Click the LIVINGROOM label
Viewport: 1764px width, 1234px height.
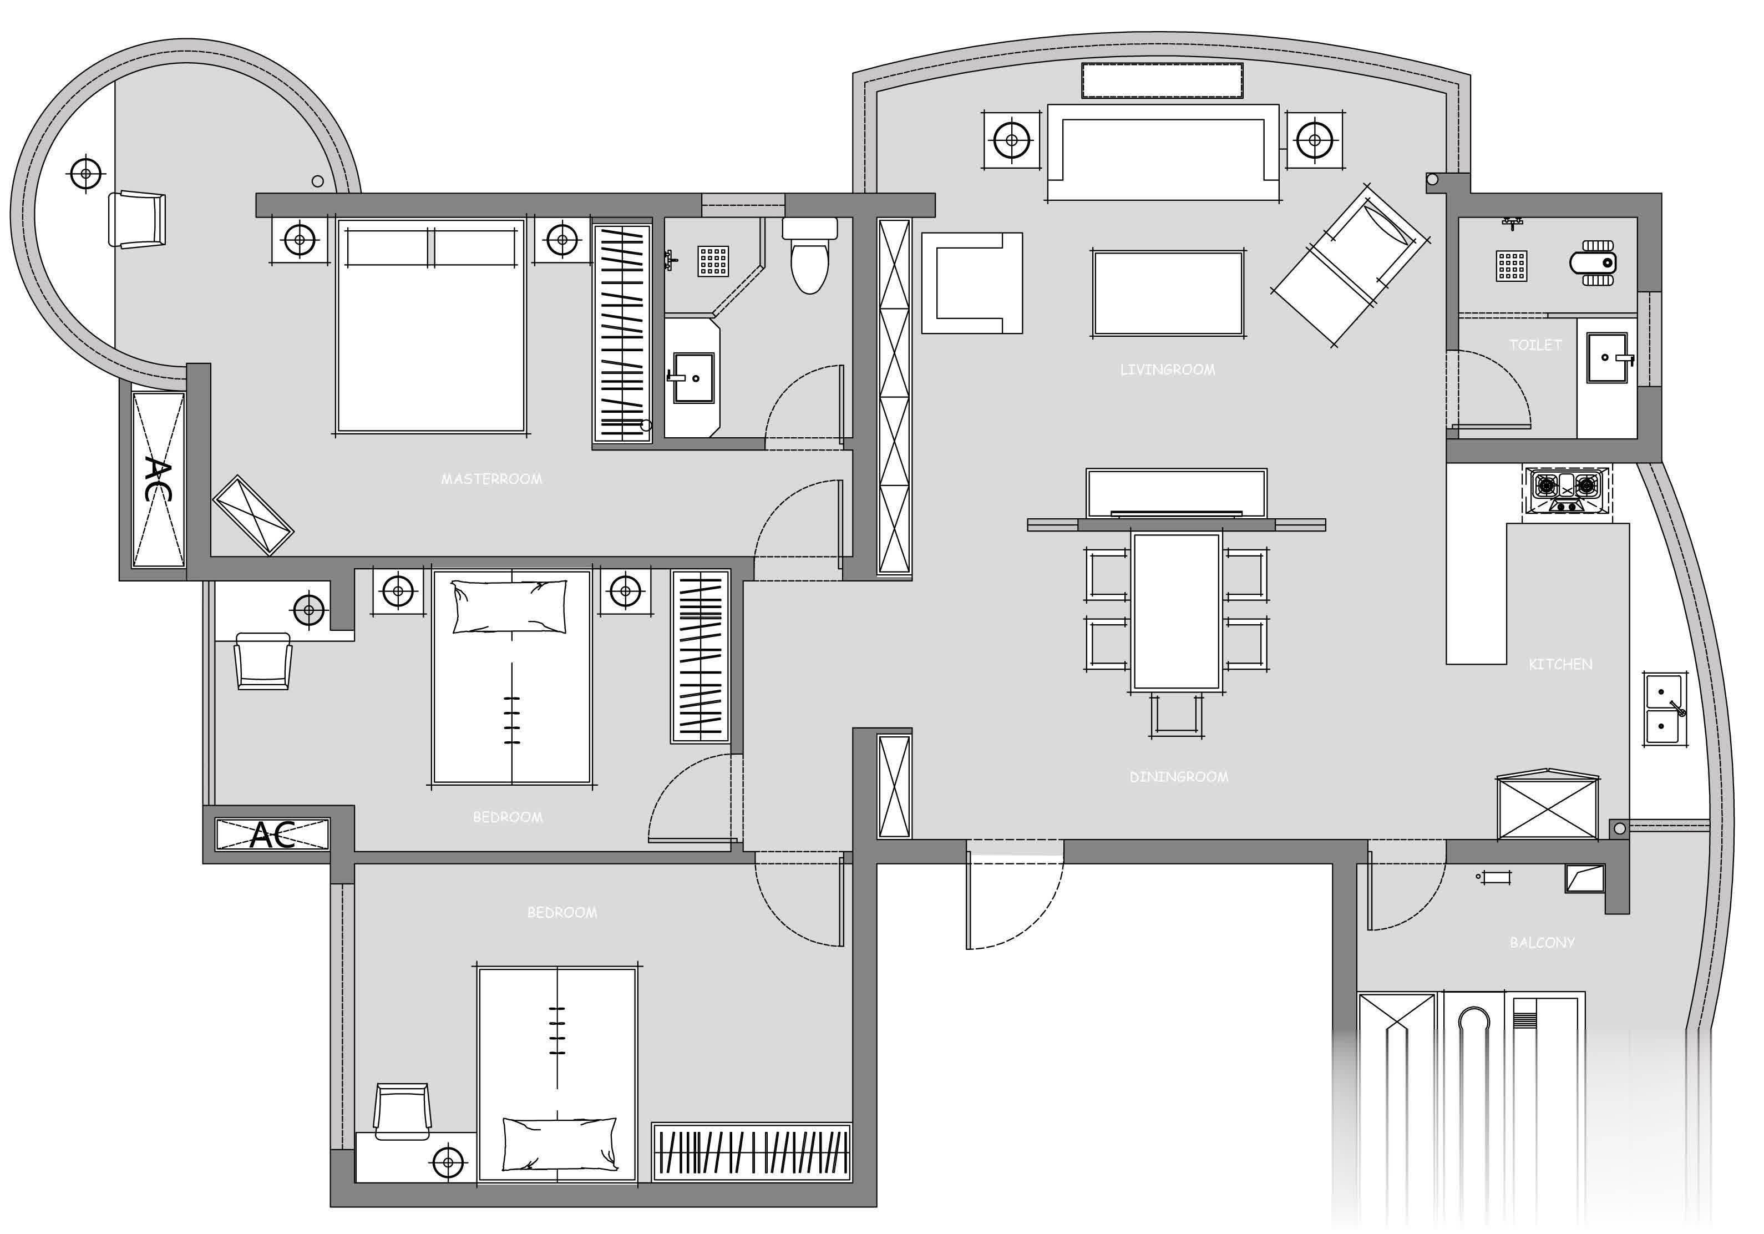[1167, 370]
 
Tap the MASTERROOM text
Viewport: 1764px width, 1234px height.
[491, 479]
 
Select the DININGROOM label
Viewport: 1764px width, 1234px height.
[1179, 777]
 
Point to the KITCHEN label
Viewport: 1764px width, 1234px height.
[1560, 664]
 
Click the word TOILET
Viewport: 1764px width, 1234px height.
[1535, 345]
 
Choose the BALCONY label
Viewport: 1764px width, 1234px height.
[1542, 942]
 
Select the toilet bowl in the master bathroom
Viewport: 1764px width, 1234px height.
[810, 255]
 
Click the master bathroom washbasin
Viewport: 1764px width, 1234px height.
[694, 377]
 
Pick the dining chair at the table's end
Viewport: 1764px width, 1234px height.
[1177, 714]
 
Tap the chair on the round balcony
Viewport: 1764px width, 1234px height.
[138, 220]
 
